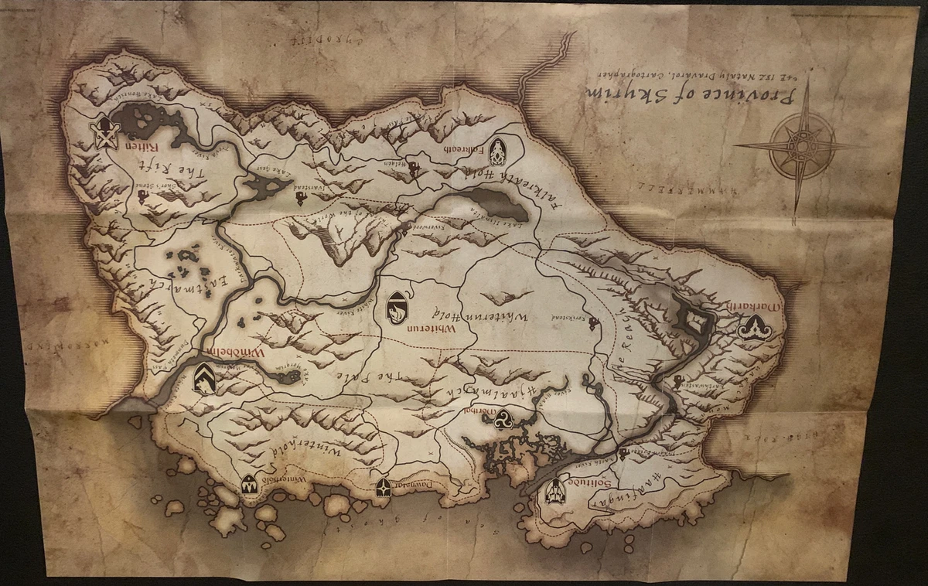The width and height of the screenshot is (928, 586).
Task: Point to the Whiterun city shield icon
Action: point(396,308)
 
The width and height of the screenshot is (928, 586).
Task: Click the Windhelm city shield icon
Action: point(204,377)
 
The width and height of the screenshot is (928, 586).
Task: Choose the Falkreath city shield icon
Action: point(496,151)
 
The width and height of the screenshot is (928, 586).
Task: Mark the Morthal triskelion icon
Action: point(507,418)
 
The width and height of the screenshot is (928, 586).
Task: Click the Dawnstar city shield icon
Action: point(383,487)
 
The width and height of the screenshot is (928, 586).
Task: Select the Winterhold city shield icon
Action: point(249,485)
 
